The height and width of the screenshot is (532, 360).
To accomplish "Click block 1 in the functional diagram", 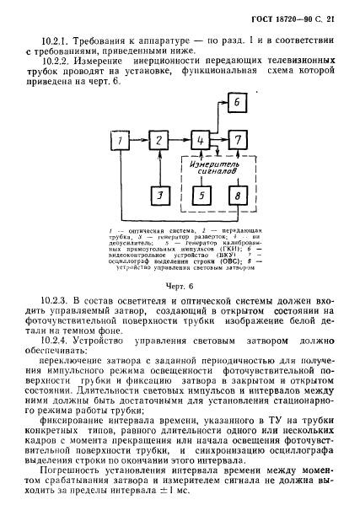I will (x=124, y=139).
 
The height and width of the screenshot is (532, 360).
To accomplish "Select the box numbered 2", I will (x=158, y=139).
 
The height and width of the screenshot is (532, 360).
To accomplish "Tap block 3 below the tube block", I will (x=158, y=196).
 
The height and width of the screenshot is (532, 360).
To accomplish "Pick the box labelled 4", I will (x=201, y=139).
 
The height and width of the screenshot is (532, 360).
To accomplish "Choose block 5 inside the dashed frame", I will (x=201, y=196).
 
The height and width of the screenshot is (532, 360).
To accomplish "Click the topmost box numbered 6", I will (x=239, y=102).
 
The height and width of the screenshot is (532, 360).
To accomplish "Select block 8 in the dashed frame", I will (x=239, y=196).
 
